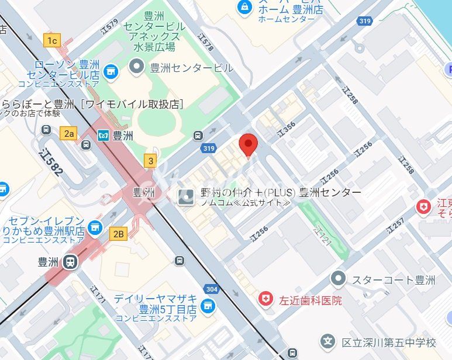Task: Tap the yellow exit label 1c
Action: (52, 40)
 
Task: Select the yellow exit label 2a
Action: (69, 133)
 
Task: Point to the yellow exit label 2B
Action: (118, 234)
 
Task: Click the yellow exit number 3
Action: (151, 161)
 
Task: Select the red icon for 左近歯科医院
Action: (266, 299)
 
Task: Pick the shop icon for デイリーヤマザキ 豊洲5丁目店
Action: (206, 306)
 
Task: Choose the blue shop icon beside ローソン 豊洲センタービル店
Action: (109, 71)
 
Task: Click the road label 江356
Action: (287, 130)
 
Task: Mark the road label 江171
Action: (98, 295)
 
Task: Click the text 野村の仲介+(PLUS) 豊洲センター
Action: (281, 192)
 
